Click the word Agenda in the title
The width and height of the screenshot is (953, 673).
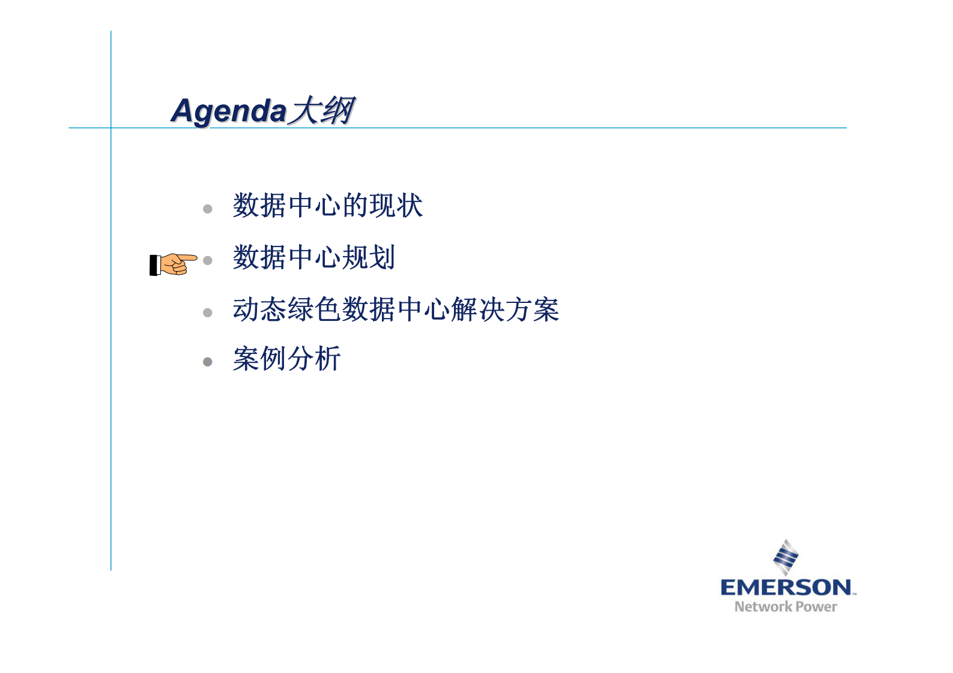tap(228, 112)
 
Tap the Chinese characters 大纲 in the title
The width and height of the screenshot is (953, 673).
tap(321, 111)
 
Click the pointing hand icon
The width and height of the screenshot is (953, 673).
tap(174, 264)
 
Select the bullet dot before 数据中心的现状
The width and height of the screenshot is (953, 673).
tap(208, 209)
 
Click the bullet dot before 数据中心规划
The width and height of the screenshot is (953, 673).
tap(208, 260)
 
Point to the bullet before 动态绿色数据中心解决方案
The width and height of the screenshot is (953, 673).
tap(208, 313)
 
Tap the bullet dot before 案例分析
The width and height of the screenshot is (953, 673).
tap(208, 362)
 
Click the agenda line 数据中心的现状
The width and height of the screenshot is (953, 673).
tap(327, 206)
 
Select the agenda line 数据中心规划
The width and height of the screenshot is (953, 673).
tap(313, 257)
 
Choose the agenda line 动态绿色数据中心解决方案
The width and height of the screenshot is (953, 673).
tap(396, 310)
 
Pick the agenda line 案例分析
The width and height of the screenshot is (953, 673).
tap(286, 359)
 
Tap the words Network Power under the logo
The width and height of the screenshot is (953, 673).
tap(785, 607)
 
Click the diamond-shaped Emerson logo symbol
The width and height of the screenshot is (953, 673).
tap(785, 557)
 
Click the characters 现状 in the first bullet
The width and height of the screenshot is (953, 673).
tap(396, 206)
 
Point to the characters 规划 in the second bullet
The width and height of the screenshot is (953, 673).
tap(368, 257)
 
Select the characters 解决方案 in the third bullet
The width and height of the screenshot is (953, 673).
tap(504, 310)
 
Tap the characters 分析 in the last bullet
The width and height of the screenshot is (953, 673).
tap(313, 359)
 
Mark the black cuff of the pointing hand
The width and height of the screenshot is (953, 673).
tap(154, 265)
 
